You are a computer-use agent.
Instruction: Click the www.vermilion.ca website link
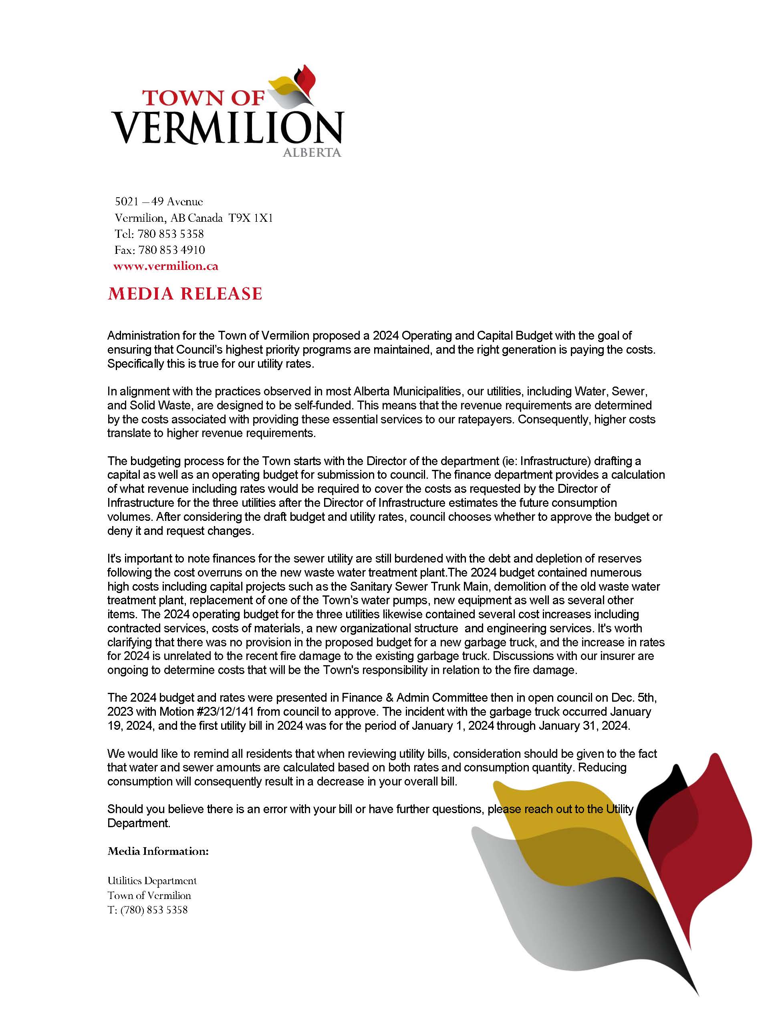[165, 266]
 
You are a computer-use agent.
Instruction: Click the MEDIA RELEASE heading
[185, 293]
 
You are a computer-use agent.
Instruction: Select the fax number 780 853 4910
[171, 250]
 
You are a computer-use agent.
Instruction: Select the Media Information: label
[158, 851]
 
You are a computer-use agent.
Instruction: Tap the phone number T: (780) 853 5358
[147, 910]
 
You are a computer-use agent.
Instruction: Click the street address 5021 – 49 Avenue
[159, 202]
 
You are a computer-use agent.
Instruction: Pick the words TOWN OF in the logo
[204, 98]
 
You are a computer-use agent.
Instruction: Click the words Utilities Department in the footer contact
[152, 880]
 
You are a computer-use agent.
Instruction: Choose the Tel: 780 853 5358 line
[159, 234]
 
